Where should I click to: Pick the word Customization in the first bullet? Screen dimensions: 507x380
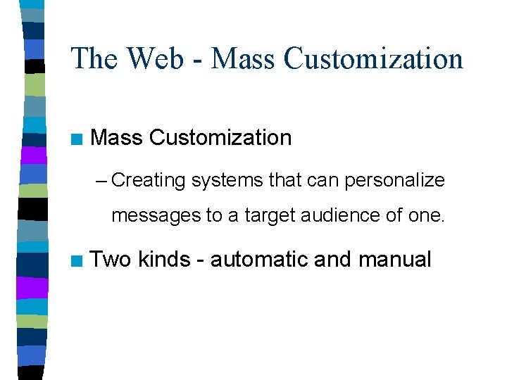click(x=221, y=138)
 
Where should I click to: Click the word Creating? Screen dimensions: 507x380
click(x=148, y=181)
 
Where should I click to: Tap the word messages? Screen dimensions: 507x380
click(x=156, y=215)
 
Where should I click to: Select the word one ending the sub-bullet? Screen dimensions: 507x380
click(x=425, y=215)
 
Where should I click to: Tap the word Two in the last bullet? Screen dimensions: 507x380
click(x=111, y=260)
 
